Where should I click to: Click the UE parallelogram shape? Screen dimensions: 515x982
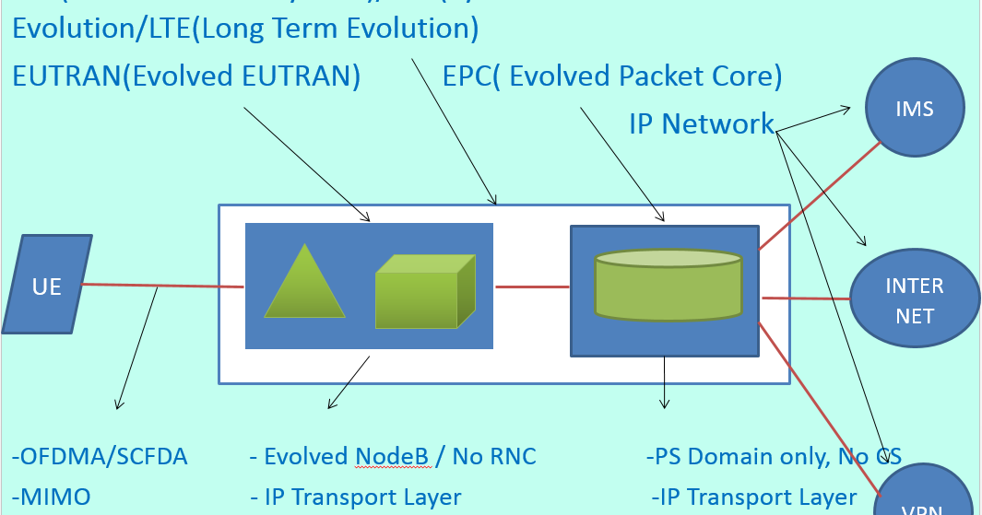coord(47,285)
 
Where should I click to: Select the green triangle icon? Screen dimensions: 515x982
coord(305,287)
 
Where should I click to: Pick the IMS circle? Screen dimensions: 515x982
coord(915,110)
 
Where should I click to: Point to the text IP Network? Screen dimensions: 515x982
coord(701,123)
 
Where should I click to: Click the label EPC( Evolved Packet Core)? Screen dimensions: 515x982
coord(612,76)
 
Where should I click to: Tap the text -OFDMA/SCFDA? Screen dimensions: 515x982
coord(100,456)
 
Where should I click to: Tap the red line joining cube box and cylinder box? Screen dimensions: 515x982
coord(532,287)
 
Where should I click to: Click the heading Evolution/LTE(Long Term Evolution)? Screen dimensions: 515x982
coord(245,29)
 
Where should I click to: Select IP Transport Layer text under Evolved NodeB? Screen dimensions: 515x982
coord(362,497)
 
